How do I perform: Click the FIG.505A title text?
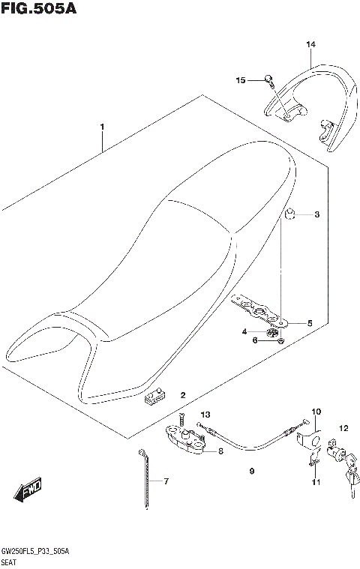(x=39, y=9)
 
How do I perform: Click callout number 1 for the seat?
(x=103, y=127)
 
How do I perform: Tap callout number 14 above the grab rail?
(x=310, y=44)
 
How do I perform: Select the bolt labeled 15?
(x=268, y=78)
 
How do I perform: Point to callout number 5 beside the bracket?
(x=308, y=323)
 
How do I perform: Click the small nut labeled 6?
(x=279, y=341)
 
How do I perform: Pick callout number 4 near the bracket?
(x=244, y=331)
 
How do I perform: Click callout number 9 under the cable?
(x=252, y=472)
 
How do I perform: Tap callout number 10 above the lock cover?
(x=316, y=412)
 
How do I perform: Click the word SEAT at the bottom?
(x=11, y=562)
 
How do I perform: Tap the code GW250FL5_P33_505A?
(x=37, y=551)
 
